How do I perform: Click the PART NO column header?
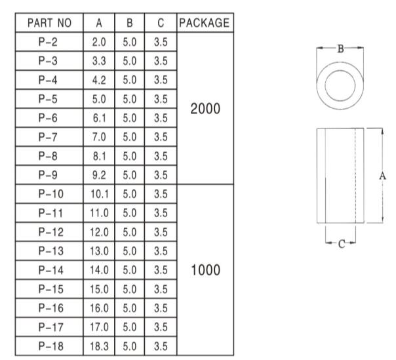(49, 23)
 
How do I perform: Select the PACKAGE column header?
(204, 23)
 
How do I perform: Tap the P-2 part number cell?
(49, 42)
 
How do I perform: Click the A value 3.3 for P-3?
(99, 61)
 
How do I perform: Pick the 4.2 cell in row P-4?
(99, 80)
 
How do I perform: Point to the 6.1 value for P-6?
(99, 118)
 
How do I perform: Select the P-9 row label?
(49, 175)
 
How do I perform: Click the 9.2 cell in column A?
(99, 175)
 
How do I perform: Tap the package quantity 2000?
(204, 109)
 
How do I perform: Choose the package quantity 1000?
(204, 270)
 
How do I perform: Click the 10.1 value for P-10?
(99, 194)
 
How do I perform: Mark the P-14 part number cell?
(49, 270)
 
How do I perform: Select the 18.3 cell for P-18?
(99, 346)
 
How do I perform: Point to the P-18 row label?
(49, 346)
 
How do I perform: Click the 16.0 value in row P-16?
(99, 308)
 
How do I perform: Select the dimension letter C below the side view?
(341, 244)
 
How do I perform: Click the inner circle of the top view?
(340, 85)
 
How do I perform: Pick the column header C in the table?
(159, 23)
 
